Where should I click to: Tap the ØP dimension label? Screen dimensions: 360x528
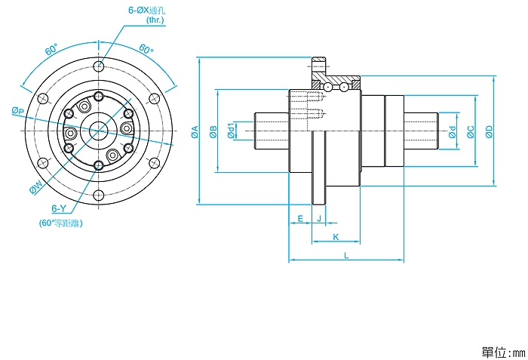tap(18, 111)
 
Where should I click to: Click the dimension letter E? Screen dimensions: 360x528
tap(300, 218)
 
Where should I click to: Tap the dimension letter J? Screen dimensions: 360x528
tap(319, 218)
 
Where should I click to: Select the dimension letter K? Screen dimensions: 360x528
tap(336, 237)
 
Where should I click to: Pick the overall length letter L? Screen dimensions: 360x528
tap(346, 256)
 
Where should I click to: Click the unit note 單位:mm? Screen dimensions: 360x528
tap(501, 352)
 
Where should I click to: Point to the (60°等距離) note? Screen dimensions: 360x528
tap(60, 223)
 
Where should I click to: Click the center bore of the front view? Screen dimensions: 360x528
tap(98, 131)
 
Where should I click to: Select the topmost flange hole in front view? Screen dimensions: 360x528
tap(98, 66)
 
